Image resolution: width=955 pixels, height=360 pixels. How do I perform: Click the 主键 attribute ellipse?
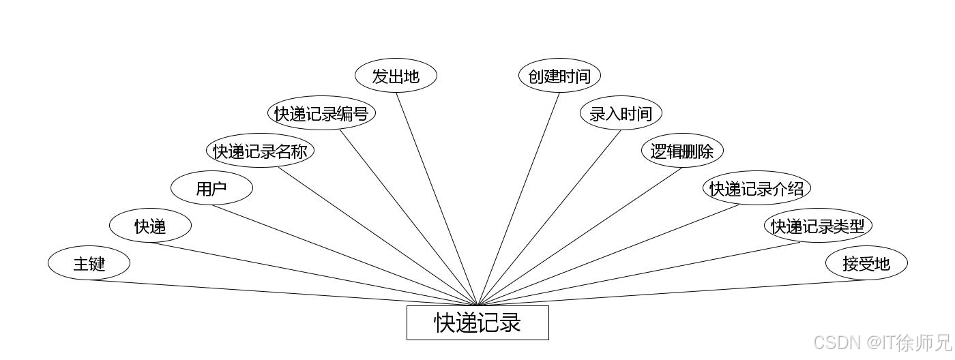89,263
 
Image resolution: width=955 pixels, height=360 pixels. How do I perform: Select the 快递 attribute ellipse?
150,226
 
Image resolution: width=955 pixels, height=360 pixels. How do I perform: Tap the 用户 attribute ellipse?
211,188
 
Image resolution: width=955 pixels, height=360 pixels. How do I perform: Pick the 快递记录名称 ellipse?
260,151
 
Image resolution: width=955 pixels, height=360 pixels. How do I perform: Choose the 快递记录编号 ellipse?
321,113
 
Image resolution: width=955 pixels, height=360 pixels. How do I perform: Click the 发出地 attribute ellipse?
396,76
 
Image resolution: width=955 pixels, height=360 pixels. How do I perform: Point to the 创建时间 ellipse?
559,76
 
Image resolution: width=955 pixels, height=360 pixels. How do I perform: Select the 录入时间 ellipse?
621,113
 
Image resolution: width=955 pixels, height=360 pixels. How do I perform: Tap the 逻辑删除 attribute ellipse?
682,151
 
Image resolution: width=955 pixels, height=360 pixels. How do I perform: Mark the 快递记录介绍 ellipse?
756,188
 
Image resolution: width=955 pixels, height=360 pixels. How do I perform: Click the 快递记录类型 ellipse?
818,226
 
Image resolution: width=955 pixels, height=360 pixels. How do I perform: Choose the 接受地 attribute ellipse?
866,263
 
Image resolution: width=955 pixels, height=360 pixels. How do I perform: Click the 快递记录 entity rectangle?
477,322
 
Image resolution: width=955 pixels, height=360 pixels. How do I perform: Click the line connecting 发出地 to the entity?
437,198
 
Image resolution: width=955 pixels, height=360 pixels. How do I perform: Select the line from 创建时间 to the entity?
518,198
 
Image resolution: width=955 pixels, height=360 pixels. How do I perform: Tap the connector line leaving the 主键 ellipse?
283,292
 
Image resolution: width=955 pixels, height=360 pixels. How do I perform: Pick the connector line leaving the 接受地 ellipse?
672,292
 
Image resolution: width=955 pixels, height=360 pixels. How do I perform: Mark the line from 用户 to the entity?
344,255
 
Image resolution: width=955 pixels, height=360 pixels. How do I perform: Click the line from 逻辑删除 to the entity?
580,236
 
